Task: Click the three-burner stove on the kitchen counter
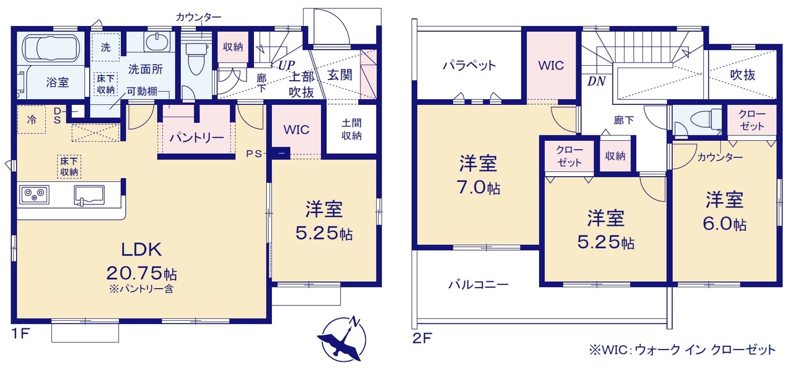(34, 194)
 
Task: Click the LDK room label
(142, 249)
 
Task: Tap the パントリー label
(196, 138)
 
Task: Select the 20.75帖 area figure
(142, 273)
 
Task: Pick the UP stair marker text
(286, 65)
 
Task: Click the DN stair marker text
(597, 81)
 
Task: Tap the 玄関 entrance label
(340, 75)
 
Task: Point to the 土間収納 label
(351, 130)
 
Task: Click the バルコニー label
(478, 284)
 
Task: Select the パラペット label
(470, 66)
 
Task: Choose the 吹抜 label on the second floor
(743, 75)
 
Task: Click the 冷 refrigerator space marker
(32, 120)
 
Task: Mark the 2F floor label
(422, 338)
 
